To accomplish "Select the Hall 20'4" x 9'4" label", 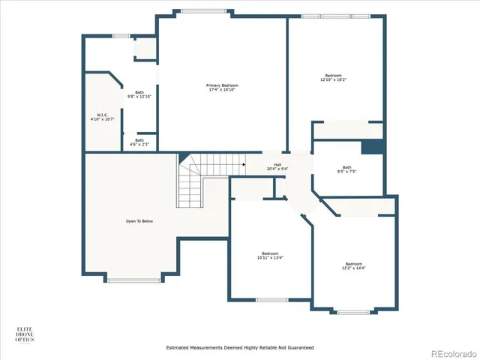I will pyautogui.click(x=277, y=166).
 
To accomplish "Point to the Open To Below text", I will pyautogui.click(x=139, y=221).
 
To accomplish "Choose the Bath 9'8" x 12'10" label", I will pyautogui.click(x=139, y=94).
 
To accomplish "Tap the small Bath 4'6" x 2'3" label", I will pyautogui.click(x=139, y=142).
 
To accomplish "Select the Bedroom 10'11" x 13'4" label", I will pyautogui.click(x=271, y=255).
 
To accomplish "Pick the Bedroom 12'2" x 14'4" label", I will pyautogui.click(x=353, y=265).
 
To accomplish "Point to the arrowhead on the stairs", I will pyautogui.click(x=243, y=164).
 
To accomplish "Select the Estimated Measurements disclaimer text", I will pyautogui.click(x=239, y=348).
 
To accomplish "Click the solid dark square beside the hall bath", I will pyautogui.click(x=372, y=148).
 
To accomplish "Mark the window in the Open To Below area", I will pyautogui.click(x=134, y=280).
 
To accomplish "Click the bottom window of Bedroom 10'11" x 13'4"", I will pyautogui.click(x=271, y=300).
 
